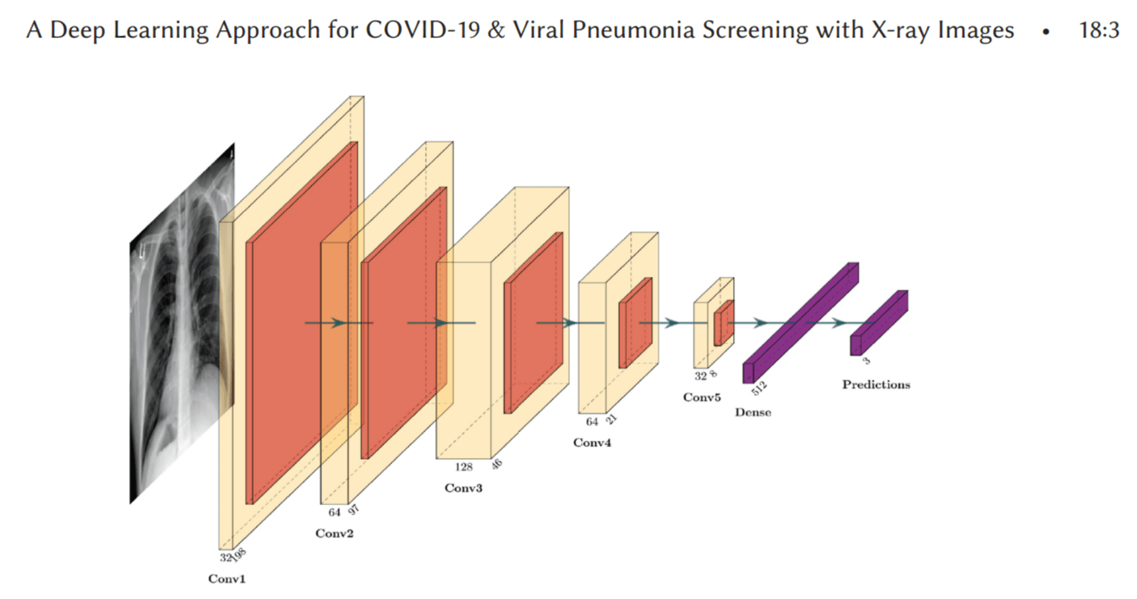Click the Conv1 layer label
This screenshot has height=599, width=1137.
(x=226, y=579)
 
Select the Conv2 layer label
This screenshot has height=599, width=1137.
(x=334, y=533)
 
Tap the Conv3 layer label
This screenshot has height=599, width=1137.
(x=463, y=488)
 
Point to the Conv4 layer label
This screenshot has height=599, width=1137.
(x=592, y=443)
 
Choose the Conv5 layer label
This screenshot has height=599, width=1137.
(x=702, y=397)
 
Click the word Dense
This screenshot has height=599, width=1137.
(x=753, y=413)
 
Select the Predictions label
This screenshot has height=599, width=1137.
(x=876, y=385)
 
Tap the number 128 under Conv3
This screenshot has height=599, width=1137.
(x=464, y=467)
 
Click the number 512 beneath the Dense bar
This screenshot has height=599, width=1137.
(x=759, y=388)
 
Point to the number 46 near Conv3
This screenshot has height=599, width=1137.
(x=496, y=464)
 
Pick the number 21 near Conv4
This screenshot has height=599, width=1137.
(x=612, y=419)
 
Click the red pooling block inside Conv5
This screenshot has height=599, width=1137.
(x=724, y=323)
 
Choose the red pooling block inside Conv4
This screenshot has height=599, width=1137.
(x=635, y=323)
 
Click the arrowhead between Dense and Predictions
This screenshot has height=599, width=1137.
(x=839, y=323)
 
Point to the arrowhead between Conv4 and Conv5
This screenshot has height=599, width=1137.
(x=672, y=323)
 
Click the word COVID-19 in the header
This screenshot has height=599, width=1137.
(x=422, y=30)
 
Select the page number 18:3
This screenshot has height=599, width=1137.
(x=1099, y=30)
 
